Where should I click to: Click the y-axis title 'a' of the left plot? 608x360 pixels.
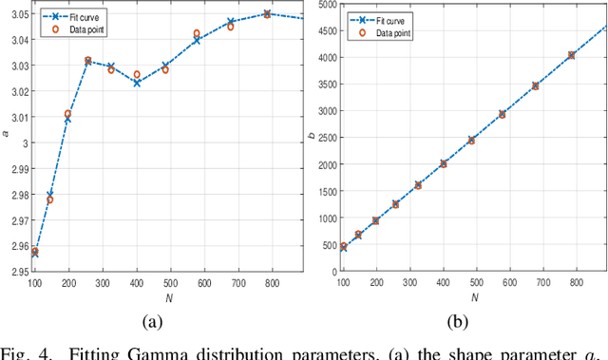tap(5, 134)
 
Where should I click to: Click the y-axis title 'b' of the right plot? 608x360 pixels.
tap(310, 137)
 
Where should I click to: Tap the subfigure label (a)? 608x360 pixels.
tap(152, 322)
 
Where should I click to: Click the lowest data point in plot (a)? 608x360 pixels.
tap(35, 252)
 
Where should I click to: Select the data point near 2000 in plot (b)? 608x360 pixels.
tap(444, 163)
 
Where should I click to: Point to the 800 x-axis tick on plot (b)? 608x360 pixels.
tap(577, 282)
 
